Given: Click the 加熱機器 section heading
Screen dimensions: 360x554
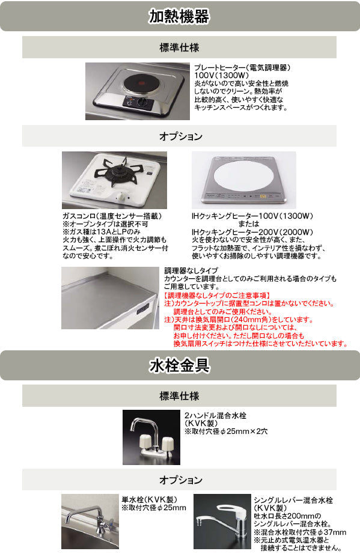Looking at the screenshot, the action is pyautogui.click(x=179, y=16).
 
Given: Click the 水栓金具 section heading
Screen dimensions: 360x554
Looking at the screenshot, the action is pyautogui.click(x=180, y=365).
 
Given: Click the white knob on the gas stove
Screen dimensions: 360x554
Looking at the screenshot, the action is pyautogui.click(x=121, y=196).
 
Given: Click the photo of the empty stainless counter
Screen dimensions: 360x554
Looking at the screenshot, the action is pyautogui.click(x=110, y=298).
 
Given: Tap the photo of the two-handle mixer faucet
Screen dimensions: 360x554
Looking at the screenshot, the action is pyautogui.click(x=151, y=437).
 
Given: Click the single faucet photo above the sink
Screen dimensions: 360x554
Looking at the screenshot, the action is pyautogui.click(x=90, y=521).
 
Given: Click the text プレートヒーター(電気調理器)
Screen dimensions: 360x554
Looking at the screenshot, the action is pyautogui.click(x=242, y=67).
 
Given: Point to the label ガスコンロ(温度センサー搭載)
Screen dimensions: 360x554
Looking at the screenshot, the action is pyautogui.click(x=112, y=216).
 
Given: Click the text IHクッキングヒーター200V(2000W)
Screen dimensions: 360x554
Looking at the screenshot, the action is pyautogui.click(x=252, y=232).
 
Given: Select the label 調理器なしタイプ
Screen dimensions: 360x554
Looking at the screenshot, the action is pyautogui.click(x=191, y=270).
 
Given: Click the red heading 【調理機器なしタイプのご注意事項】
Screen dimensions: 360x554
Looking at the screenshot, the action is pyautogui.click(x=218, y=296).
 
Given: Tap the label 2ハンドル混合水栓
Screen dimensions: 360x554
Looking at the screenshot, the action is pyautogui.click(x=216, y=416).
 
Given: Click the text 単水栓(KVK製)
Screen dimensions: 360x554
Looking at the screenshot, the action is pyautogui.click(x=150, y=499).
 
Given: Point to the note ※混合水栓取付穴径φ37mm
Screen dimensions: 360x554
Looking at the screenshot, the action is pyautogui.click(x=300, y=532).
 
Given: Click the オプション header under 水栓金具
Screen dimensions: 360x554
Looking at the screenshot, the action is pyautogui.click(x=181, y=480).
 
